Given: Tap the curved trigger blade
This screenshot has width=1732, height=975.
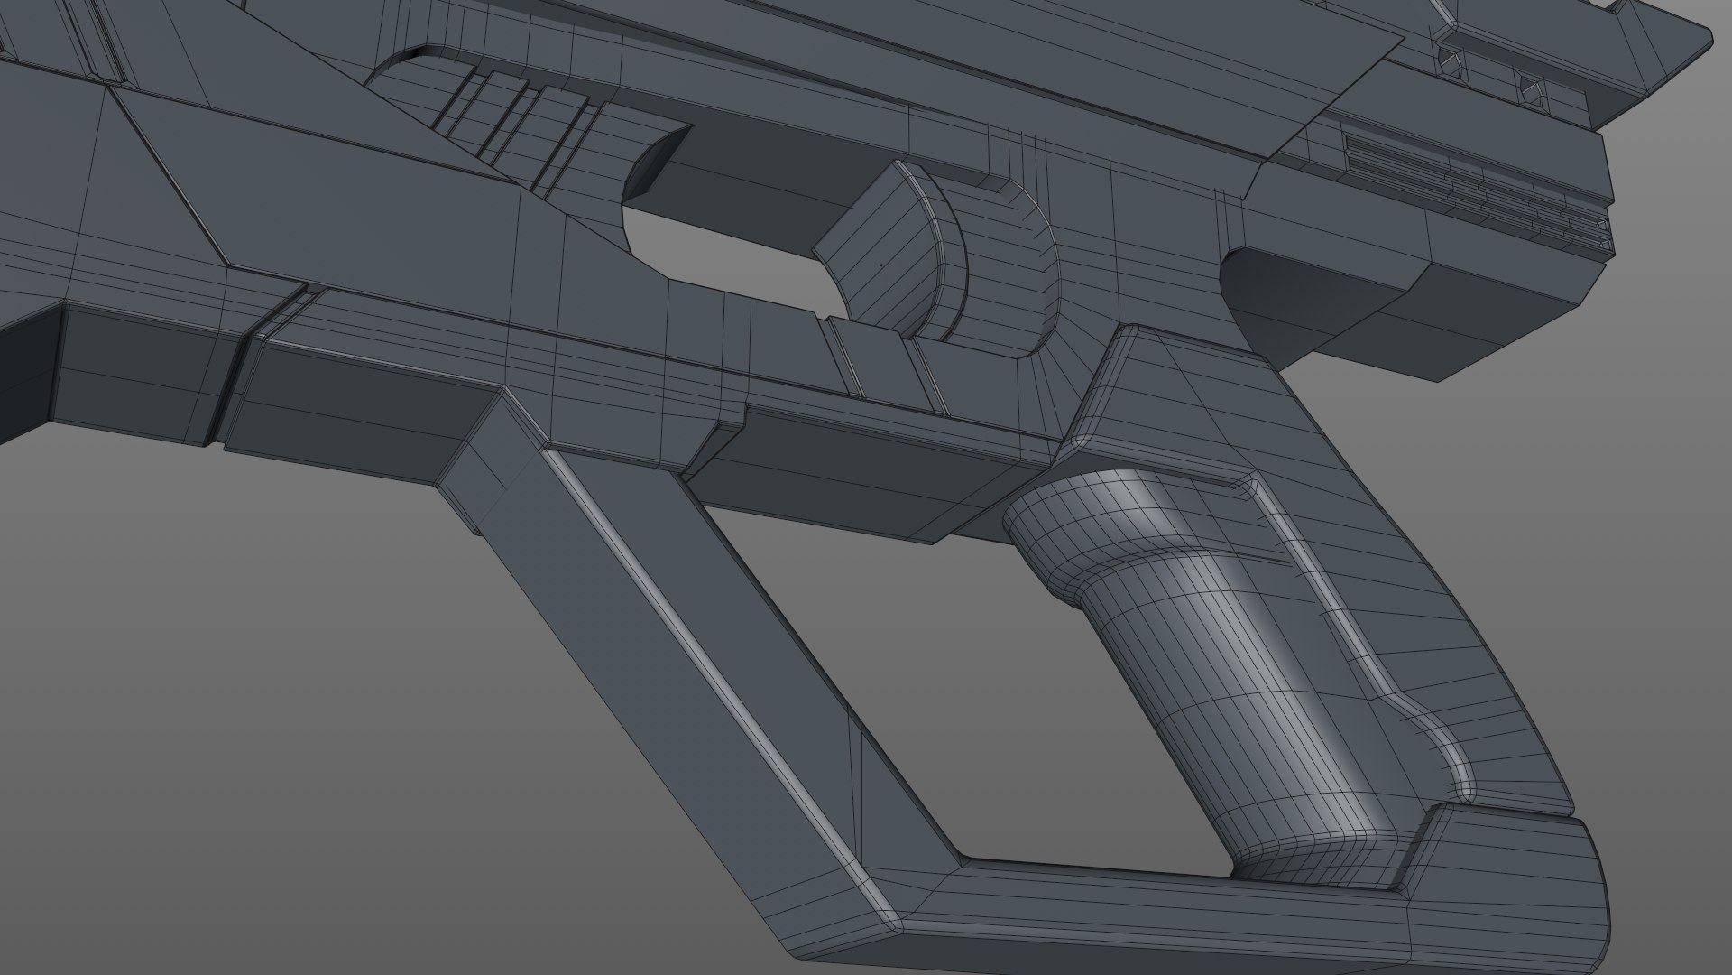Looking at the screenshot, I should (889, 253).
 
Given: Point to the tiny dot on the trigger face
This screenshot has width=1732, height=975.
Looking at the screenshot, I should (881, 265).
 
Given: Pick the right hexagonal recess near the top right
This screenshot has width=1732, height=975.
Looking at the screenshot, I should (1531, 88).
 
